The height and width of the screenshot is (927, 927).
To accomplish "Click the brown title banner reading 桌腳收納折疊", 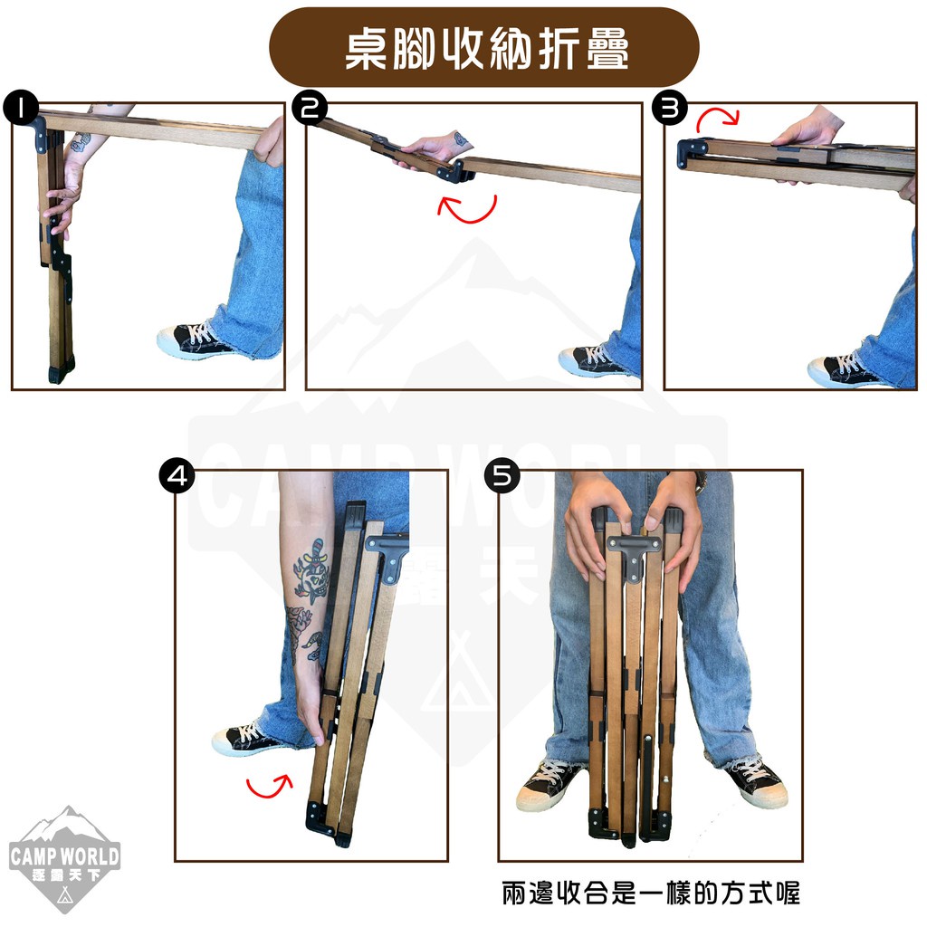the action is coord(483,47).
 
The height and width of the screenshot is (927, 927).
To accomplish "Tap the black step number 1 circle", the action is coord(21,108).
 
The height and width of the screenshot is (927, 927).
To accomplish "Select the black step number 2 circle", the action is coord(310,108).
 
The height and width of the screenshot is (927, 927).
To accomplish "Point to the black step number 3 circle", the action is coord(670,108).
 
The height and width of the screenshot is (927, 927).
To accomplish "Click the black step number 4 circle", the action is coord(177,476).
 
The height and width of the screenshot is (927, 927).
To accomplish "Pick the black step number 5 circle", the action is coord(502,476).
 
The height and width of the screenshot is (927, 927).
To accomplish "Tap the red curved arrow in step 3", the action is coord(717,119).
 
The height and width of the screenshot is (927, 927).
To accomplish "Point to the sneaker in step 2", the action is coord(593,360).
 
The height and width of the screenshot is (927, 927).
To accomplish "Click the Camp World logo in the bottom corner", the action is coord(65,859).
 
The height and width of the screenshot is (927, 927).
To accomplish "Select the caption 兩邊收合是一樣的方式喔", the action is coord(651,893).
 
